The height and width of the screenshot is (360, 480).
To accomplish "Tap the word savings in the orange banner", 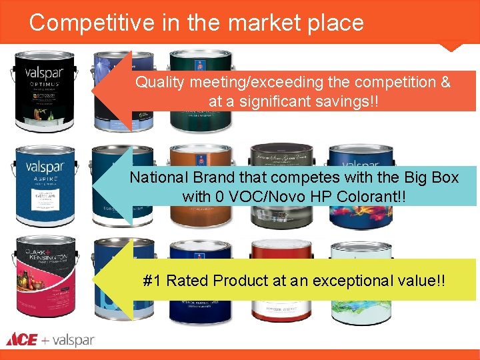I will point(350,101).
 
